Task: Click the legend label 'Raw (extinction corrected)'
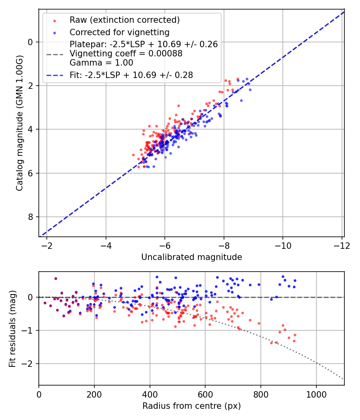pyautogui.click(x=124, y=20)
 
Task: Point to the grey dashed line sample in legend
pyautogui.click(x=54, y=54)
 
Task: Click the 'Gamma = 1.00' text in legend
pyautogui.click(x=101, y=63)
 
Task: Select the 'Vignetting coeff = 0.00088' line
pyautogui.click(x=126, y=54)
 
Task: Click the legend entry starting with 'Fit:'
pyautogui.click(x=131, y=75)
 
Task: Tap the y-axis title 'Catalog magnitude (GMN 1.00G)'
pyautogui.click(x=20, y=123)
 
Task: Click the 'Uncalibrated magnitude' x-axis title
pyautogui.click(x=192, y=257)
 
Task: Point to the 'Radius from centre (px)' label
pyautogui.click(x=192, y=406)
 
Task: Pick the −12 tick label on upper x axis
pyautogui.click(x=342, y=245)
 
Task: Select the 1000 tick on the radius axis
pyautogui.click(x=316, y=394)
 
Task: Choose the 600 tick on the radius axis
pyautogui.click(x=205, y=394)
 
